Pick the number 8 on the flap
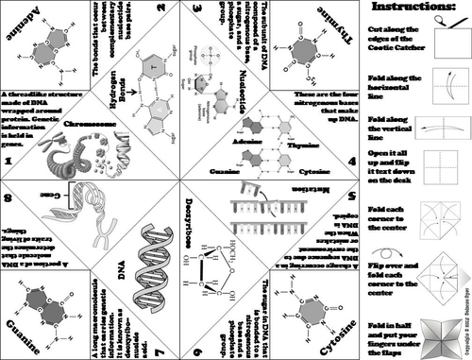8,198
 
